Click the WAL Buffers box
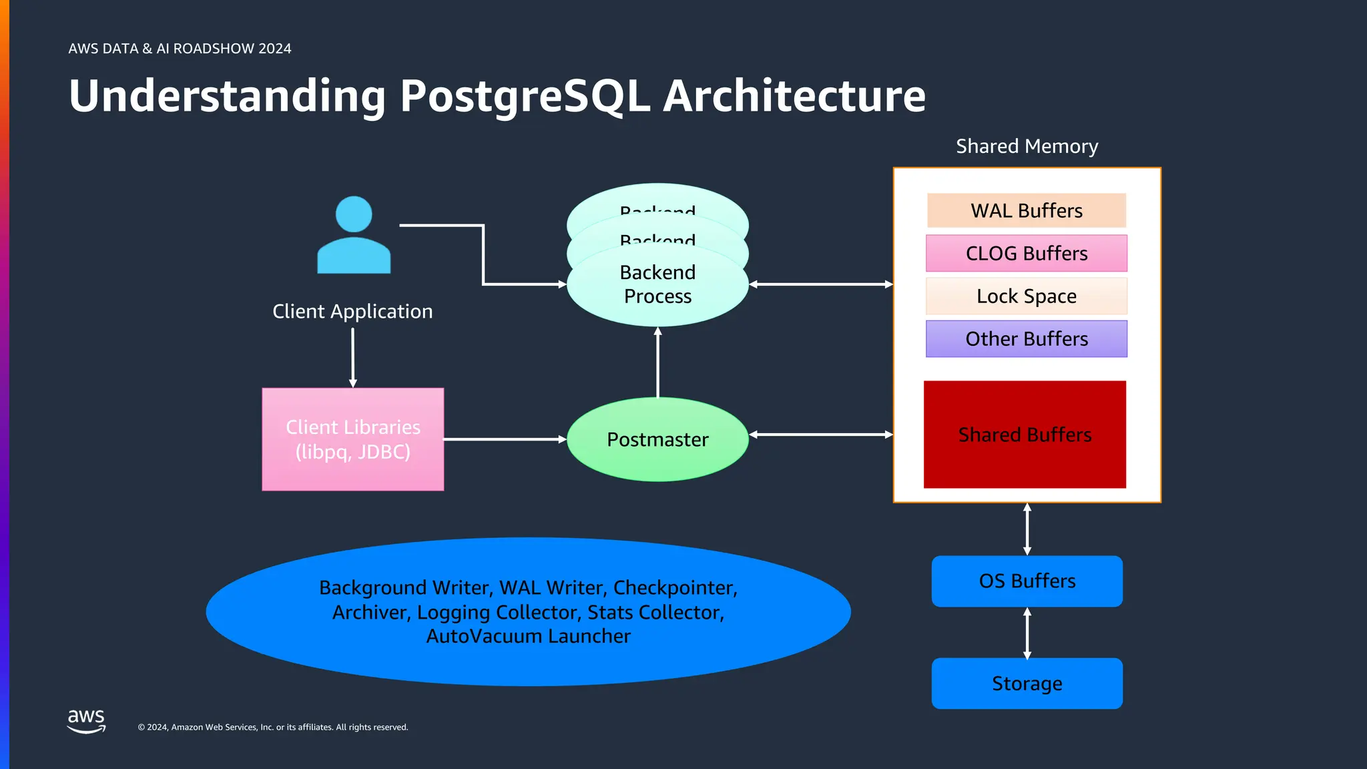coord(1026,210)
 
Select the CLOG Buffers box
coord(1026,253)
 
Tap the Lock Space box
coord(1026,296)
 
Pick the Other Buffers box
coord(1026,338)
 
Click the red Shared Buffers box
coord(1025,435)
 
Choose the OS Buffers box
coord(1027,581)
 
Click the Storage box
coord(1027,684)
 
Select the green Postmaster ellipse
coord(657,439)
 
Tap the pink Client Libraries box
coord(352,439)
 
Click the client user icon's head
coord(354,214)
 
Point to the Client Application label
coord(352,311)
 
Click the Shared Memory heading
coord(1027,146)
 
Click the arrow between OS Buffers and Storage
coord(1027,632)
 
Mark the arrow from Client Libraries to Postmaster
coord(505,439)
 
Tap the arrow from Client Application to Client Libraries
coord(353,356)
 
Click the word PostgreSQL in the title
coord(525,96)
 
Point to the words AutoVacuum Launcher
coord(528,636)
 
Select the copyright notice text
coord(272,727)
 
